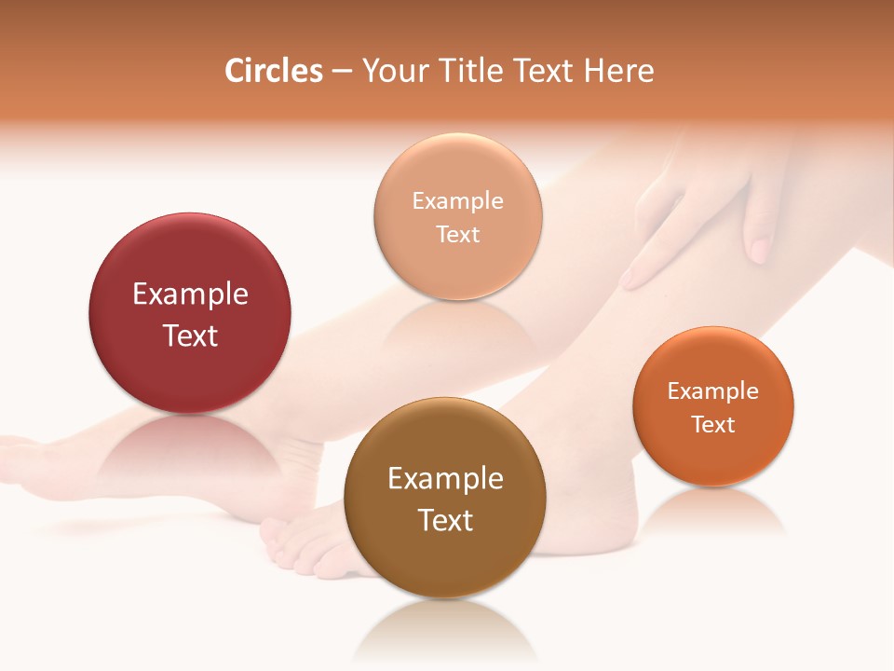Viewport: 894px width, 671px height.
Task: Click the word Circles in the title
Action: tap(274, 71)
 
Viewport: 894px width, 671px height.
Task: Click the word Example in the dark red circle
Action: tap(190, 294)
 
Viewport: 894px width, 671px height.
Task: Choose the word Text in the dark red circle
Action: tap(190, 335)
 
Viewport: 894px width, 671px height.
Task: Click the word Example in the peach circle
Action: tap(458, 200)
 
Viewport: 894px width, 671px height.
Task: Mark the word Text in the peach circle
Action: tap(458, 234)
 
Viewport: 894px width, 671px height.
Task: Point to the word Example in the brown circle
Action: tap(445, 479)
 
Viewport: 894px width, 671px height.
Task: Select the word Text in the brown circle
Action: tap(445, 520)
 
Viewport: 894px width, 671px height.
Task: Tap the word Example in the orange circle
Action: tap(713, 391)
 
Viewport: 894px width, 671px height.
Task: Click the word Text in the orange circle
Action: tap(713, 425)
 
